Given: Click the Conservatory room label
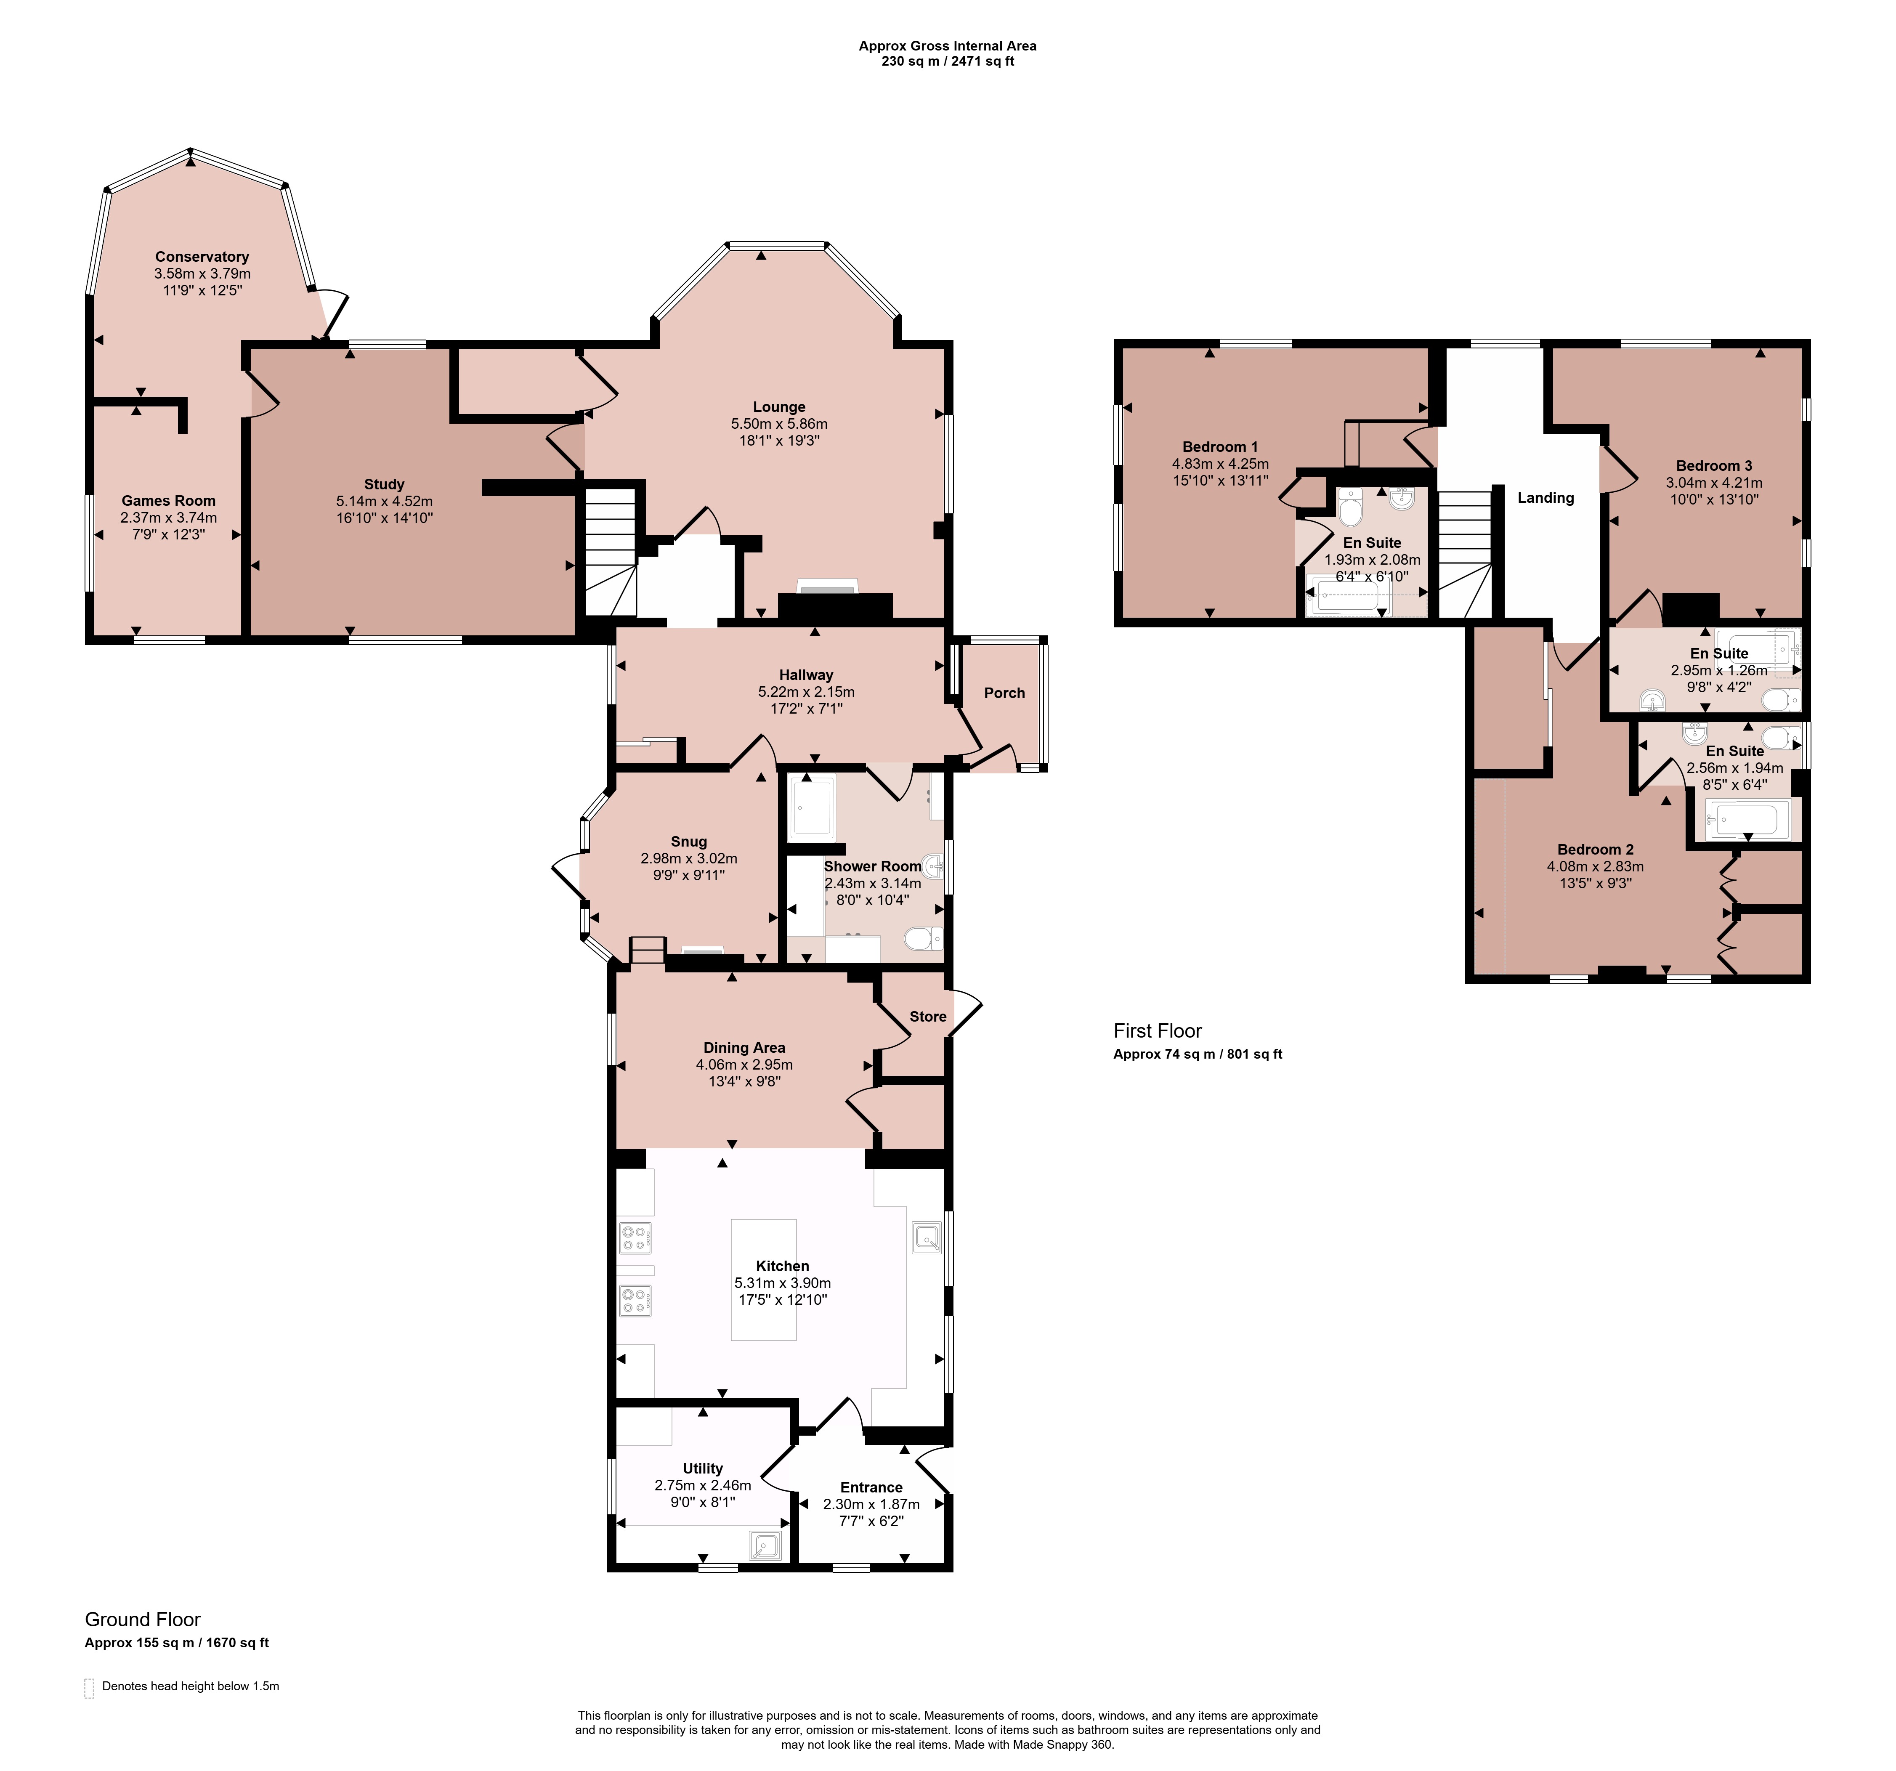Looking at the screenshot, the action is pos(202,257).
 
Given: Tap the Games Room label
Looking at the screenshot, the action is pos(169,501).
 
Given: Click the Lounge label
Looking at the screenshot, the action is pos(779,407).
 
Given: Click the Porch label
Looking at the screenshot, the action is pos(1004,693).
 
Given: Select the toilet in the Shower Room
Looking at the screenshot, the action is pos(923,940).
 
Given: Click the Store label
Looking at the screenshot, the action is pos(928,1017).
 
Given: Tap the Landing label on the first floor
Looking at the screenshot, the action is pos(1546,498).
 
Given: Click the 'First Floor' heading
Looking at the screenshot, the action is pos(1158,1031).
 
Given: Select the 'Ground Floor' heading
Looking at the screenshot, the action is pos(143,1620).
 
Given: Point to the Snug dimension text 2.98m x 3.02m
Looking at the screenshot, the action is pos(688,858).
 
